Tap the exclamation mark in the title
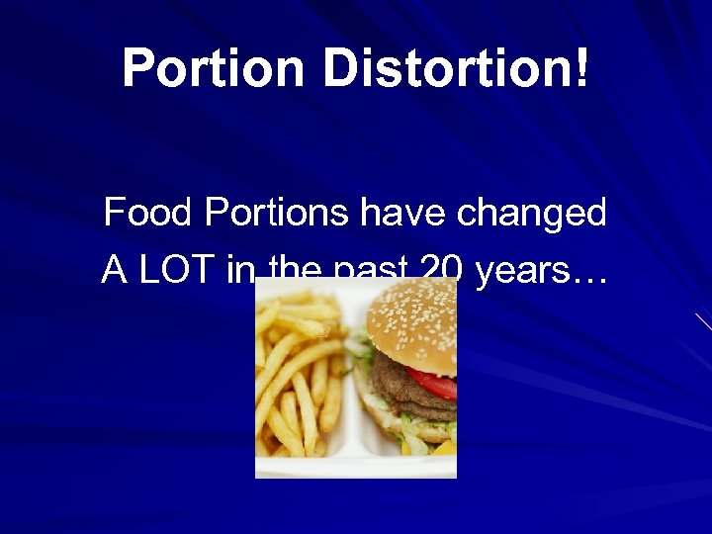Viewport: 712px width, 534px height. click(580, 69)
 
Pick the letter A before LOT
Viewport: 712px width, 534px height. click(114, 270)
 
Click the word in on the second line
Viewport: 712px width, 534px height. click(239, 270)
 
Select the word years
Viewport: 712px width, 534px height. click(519, 270)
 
